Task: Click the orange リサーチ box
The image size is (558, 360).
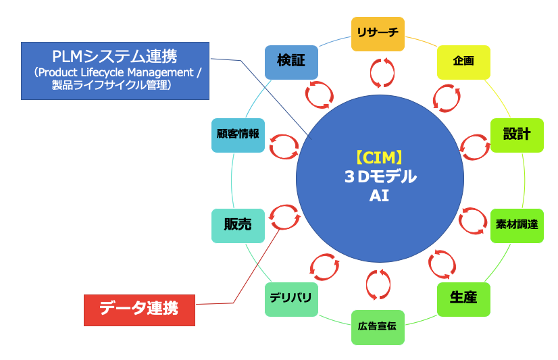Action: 378,34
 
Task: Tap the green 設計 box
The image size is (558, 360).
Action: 517,134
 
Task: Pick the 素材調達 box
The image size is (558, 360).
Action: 517,225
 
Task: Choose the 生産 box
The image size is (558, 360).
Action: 463,299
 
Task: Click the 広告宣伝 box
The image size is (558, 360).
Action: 378,327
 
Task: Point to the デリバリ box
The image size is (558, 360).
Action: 291,299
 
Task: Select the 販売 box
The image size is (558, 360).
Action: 238,225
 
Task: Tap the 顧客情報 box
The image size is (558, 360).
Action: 238,134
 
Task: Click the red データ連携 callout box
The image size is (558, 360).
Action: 139,309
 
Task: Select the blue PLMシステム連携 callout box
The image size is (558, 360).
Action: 115,70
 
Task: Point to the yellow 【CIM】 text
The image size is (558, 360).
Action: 379,158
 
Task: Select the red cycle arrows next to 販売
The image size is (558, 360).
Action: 284,216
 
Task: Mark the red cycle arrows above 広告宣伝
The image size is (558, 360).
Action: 378,285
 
